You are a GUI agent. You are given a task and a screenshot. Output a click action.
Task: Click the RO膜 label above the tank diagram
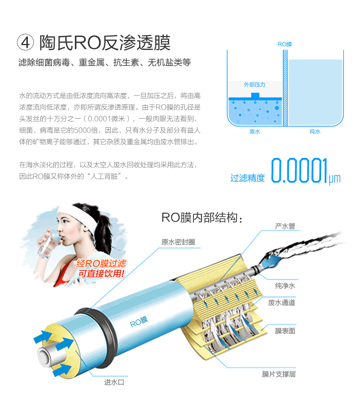285,44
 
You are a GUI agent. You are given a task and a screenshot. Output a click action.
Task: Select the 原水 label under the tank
254,131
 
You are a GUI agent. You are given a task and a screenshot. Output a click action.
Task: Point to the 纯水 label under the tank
315,131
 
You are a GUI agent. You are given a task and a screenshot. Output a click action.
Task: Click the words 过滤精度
247,178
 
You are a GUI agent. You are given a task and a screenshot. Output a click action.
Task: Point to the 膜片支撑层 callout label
278,374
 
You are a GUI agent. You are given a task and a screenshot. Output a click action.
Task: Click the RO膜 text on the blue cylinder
139,322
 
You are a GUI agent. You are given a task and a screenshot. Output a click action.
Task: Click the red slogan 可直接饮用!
101,274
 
